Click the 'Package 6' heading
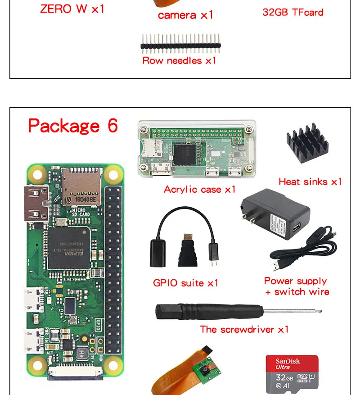point(73,126)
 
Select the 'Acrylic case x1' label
point(200,190)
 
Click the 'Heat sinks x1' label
point(310,182)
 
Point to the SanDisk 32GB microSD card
point(292,372)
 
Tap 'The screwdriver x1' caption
point(244,330)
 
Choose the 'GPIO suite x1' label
point(185,283)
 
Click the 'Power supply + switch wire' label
point(297,286)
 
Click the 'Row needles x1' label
point(179,60)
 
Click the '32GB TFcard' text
point(293,12)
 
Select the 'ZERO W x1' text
point(72,9)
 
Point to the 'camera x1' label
point(185,15)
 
